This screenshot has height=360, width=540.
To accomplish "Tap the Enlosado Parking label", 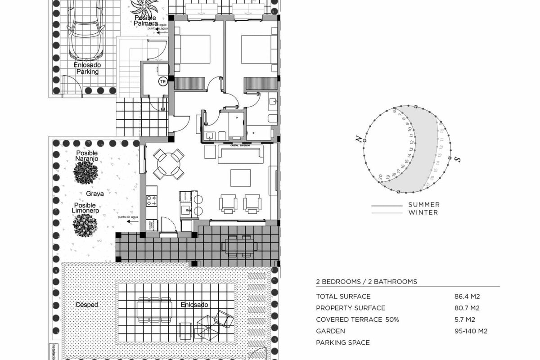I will [x=87, y=68].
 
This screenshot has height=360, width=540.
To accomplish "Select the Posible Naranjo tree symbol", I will [x=86, y=172].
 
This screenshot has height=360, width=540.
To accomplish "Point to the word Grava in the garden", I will [x=95, y=193].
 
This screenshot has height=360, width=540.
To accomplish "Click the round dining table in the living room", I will [x=168, y=164].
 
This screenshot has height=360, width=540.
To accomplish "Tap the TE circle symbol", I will [x=163, y=81].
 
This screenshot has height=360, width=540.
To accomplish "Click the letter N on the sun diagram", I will [x=359, y=139].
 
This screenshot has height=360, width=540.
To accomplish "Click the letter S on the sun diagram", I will [x=457, y=159].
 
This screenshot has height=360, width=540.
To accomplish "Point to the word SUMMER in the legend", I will [x=424, y=205].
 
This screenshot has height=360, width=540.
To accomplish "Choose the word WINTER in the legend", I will [x=423, y=212].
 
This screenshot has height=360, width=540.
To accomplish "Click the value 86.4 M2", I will [x=467, y=297].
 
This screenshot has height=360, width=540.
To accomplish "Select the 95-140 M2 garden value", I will [x=471, y=331].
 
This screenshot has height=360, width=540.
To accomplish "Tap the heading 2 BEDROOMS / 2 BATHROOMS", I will [x=366, y=282].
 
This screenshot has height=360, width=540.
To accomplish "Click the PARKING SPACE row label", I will [x=342, y=343].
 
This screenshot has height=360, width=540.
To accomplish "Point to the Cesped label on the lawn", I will [x=87, y=305].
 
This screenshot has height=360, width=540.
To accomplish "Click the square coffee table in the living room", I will [x=241, y=177].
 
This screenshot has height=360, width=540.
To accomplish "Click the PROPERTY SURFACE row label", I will [x=351, y=308].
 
